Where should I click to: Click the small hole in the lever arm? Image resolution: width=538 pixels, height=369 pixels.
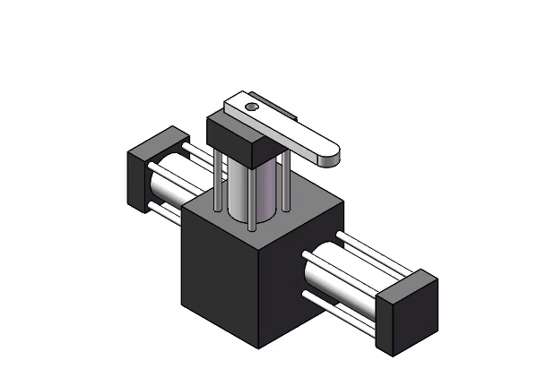[x=253, y=107]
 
